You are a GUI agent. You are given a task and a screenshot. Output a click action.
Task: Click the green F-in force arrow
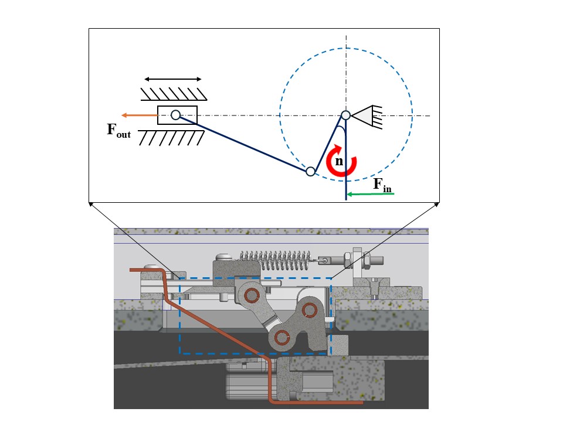pyautogui.click(x=369, y=193)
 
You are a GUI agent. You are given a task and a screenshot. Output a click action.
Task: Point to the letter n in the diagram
pyautogui.click(x=339, y=161)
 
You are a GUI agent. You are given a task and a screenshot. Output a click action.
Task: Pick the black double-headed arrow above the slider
pyautogui.click(x=173, y=79)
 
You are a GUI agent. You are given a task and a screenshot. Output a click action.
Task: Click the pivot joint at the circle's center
pyautogui.click(x=346, y=115)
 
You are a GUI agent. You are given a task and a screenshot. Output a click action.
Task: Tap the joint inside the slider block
pyautogui.click(x=175, y=115)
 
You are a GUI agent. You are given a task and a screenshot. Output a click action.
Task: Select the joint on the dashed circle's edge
pyautogui.click(x=311, y=172)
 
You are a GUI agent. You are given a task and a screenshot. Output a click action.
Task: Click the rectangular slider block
pyautogui.click(x=188, y=115)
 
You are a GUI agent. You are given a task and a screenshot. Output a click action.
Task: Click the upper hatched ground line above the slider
pyautogui.click(x=173, y=93)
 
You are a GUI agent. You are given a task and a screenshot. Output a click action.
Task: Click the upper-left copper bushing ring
pyautogui.click(x=253, y=295)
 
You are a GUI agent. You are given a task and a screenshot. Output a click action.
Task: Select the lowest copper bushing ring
pyautogui.click(x=283, y=337)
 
